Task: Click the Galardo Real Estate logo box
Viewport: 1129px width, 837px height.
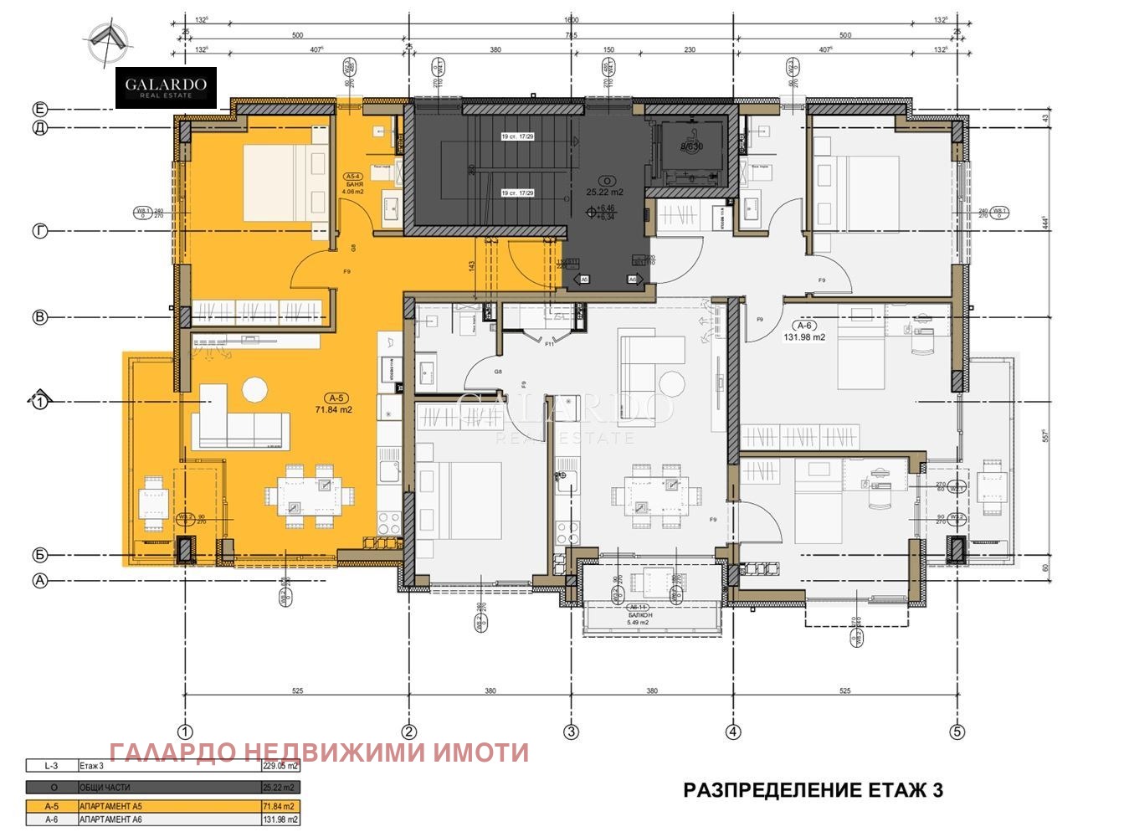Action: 166,87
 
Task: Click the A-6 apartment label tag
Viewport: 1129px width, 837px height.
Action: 805,326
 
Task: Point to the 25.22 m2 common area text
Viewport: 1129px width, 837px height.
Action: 604,192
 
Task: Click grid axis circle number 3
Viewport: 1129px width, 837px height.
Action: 571,732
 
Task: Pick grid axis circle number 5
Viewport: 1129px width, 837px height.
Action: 957,732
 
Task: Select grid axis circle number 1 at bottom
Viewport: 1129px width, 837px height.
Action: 186,732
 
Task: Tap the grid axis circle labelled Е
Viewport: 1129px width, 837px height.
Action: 39,109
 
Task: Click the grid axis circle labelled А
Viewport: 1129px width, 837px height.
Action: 39,580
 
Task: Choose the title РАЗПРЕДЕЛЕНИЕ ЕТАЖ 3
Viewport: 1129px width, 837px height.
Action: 813,790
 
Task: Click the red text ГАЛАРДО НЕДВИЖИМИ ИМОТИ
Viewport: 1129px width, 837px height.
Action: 319,752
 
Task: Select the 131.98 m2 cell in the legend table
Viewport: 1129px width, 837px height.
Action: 280,819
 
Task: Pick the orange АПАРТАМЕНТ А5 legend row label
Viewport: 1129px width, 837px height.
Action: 105,806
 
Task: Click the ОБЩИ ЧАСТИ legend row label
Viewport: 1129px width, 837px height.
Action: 105,788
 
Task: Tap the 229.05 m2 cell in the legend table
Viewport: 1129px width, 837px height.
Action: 280,765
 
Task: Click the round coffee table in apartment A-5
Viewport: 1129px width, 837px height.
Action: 254,389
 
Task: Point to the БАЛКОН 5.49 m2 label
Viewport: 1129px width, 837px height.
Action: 643,619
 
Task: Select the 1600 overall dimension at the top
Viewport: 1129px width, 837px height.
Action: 571,20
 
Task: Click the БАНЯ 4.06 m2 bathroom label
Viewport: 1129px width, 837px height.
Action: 353,185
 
